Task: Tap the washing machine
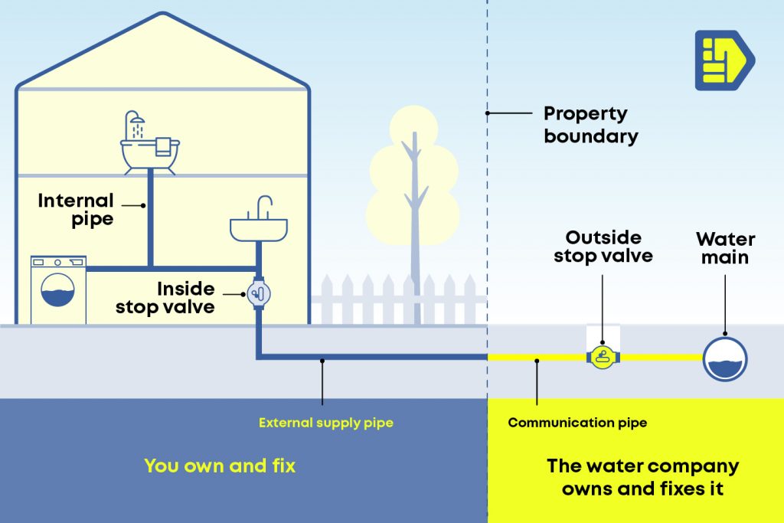pos(58,289)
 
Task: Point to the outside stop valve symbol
pos(603,356)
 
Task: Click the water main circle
pos(724,358)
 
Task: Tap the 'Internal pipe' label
pos(76,210)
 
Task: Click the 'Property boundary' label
pos(590,125)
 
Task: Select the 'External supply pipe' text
pos(325,423)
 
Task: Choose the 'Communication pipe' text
pos(577,423)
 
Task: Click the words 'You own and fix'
pos(219,466)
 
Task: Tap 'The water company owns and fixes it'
pos(642,477)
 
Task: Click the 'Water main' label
pos(725,248)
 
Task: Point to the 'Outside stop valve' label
pos(603,247)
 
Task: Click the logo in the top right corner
pos(724,60)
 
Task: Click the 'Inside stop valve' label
pos(165,298)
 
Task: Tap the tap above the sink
pos(264,206)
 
